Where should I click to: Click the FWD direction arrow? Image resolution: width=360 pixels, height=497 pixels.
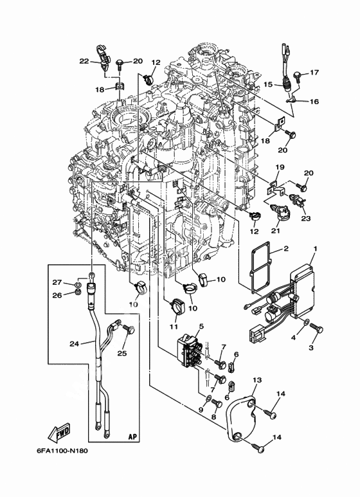click(x=59, y=432)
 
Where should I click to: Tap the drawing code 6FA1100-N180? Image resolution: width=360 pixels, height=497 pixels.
click(x=60, y=451)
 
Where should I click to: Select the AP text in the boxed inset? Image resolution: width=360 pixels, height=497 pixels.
click(x=134, y=437)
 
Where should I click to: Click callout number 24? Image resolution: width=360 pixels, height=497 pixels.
click(x=74, y=343)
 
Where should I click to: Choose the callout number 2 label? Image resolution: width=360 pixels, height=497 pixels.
click(x=285, y=248)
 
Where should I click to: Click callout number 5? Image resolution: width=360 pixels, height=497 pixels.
click(x=202, y=326)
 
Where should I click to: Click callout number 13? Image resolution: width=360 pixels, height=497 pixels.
click(x=257, y=380)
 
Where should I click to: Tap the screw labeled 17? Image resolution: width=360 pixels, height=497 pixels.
click(x=298, y=76)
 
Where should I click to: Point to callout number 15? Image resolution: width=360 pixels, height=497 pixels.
click(x=268, y=85)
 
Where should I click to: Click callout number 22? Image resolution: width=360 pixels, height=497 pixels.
click(x=84, y=62)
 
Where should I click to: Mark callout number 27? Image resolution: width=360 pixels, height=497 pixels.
click(x=57, y=282)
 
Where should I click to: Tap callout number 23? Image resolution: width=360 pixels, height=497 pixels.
click(x=306, y=219)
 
